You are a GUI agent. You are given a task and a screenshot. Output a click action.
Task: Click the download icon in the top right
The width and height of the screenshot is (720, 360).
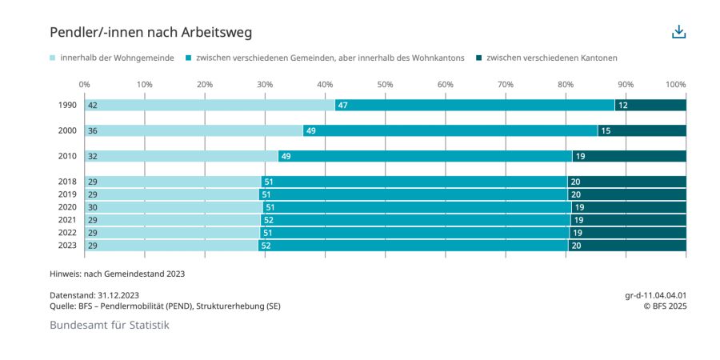[678, 32]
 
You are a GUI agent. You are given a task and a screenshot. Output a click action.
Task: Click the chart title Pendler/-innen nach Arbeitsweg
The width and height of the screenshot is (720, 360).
[151, 32]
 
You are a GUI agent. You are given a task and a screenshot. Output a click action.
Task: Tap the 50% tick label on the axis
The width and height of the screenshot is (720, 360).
[385, 84]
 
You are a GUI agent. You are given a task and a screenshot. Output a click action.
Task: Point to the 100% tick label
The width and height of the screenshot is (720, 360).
[676, 84]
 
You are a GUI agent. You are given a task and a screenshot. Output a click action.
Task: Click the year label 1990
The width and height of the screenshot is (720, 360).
[67, 106]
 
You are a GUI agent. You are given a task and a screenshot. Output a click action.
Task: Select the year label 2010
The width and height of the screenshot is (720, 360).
[67, 157]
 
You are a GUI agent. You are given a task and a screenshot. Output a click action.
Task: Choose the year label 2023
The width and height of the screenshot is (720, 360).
[67, 246]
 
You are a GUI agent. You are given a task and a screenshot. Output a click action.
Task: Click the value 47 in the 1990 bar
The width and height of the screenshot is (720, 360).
[342, 106]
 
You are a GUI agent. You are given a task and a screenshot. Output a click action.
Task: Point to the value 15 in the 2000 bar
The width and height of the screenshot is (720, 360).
[606, 131]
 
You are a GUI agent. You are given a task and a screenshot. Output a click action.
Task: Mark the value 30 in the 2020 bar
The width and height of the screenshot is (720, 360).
[93, 207]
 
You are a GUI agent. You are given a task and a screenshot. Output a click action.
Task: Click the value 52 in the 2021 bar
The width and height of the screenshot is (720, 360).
[269, 220]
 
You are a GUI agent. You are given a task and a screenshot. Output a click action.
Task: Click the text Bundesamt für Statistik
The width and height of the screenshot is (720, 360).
[110, 325]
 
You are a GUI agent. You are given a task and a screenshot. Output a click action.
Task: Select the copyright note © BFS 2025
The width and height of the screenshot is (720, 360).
[666, 306]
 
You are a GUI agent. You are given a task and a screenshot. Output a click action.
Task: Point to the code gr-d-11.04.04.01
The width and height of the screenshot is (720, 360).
[655, 295]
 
